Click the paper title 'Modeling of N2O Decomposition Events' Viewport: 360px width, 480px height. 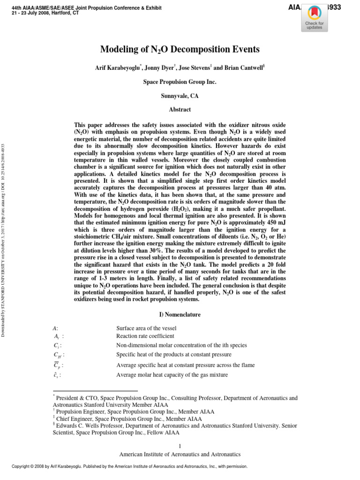(180, 49)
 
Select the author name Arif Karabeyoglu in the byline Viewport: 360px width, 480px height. (117, 68)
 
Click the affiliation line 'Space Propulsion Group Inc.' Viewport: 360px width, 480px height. (180, 82)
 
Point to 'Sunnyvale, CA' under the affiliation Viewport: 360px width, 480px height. (180, 95)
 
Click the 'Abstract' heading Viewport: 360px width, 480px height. (180, 109)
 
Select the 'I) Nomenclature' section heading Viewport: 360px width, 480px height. (180, 314)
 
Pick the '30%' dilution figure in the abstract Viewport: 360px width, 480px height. (152, 251)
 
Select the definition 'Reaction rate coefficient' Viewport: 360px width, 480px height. (145, 336)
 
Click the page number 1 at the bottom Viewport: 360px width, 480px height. (180, 446)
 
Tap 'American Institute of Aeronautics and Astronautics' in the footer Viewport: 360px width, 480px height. (180, 454)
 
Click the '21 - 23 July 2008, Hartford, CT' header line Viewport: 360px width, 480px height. (45, 13)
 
